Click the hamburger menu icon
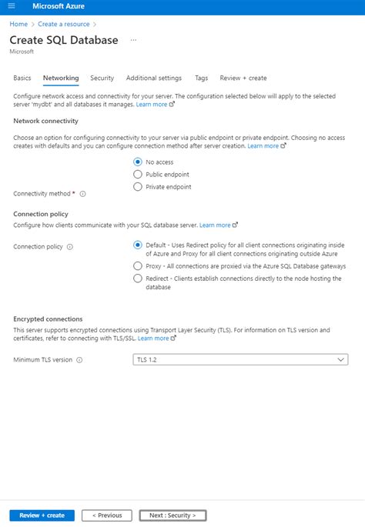tap(11, 6)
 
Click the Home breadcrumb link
tap(18, 24)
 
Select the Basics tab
tap(22, 78)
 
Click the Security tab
tap(102, 78)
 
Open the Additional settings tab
tap(154, 78)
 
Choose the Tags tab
tap(201, 78)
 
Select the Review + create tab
tap(243, 78)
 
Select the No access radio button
tap(138, 162)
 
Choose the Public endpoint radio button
tap(138, 174)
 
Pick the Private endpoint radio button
tap(138, 186)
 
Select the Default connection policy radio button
tap(138, 245)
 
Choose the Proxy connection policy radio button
tap(138, 265)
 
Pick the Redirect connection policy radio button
tap(138, 279)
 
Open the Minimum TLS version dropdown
tap(240, 359)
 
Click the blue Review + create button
tap(42, 515)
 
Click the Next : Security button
tap(172, 515)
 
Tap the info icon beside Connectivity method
tap(82, 194)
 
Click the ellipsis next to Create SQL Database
tap(134, 39)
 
